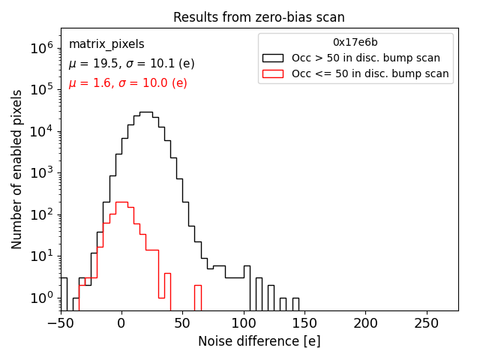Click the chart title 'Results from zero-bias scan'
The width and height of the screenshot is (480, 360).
pyautogui.click(x=259, y=17)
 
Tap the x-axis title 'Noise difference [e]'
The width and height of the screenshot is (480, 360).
pyautogui.click(x=259, y=341)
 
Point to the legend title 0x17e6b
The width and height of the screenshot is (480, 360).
pyautogui.click(x=355, y=42)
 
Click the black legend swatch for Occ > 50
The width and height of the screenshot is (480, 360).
pyautogui.click(x=272, y=58)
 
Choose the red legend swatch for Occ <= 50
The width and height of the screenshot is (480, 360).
pyautogui.click(x=272, y=73)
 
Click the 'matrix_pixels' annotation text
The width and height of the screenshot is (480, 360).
pyautogui.click(x=106, y=44)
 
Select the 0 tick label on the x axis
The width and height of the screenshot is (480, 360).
pyautogui.click(x=121, y=323)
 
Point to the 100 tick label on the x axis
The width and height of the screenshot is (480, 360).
pyautogui.click(x=244, y=323)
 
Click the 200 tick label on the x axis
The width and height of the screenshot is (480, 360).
pyautogui.click(x=366, y=323)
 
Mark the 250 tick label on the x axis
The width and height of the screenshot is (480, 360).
pyautogui.click(x=427, y=323)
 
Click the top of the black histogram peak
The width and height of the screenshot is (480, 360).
pyautogui.click(x=146, y=112)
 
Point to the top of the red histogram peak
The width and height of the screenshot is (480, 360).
pyautogui.click(x=121, y=202)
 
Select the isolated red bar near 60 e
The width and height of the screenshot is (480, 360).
pyautogui.click(x=198, y=286)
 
